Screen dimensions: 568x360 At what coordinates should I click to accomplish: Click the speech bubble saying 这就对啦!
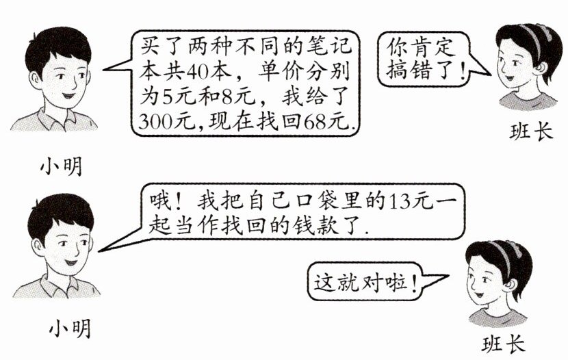pyautogui.click(x=365, y=281)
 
